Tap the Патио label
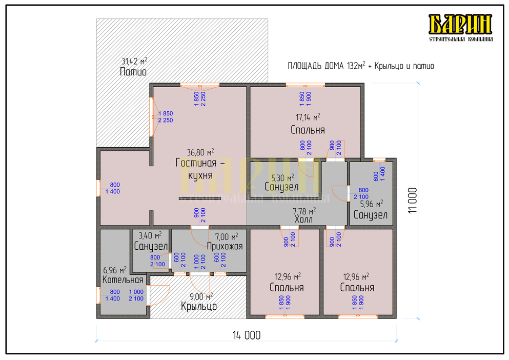pyautogui.click(x=133, y=72)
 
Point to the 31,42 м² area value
pyautogui.click(x=134, y=61)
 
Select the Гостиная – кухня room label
pyautogui.click(x=200, y=169)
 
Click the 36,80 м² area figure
pyautogui.click(x=200, y=152)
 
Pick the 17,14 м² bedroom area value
pyautogui.click(x=308, y=117)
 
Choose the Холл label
pyautogui.click(x=303, y=219)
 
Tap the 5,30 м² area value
pyautogui.click(x=282, y=178)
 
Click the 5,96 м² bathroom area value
pyautogui.click(x=371, y=204)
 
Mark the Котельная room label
pyautogui.click(x=123, y=280)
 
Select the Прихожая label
pyautogui.click(x=225, y=246)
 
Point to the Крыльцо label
pyautogui.click(x=199, y=306)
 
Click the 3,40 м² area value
pyautogui.click(x=150, y=235)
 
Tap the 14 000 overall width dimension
pyautogui.click(x=247, y=335)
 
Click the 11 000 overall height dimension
pyautogui.click(x=413, y=201)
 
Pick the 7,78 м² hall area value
pyautogui.click(x=304, y=211)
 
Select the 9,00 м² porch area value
pyautogui.click(x=201, y=296)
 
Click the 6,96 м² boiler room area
pyautogui.click(x=115, y=270)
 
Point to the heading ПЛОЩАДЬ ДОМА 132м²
pyautogui.click(x=326, y=66)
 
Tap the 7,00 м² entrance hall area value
pyautogui.click(x=227, y=236)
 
